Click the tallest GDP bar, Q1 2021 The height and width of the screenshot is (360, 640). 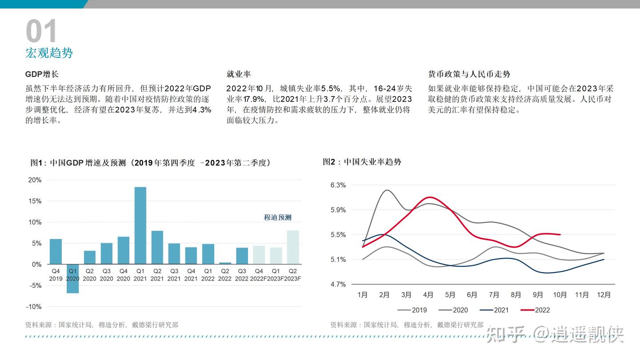[140, 225]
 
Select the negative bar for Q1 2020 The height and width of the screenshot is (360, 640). [73, 279]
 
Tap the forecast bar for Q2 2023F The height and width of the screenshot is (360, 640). [293, 247]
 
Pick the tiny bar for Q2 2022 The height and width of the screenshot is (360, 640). [225, 263]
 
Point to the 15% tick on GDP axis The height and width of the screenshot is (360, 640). [35, 201]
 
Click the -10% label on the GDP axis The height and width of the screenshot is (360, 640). [34, 307]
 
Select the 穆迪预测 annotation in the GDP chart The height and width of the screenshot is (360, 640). [278, 217]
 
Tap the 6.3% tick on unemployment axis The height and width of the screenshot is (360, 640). [338, 185]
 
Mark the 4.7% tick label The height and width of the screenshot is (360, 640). [338, 284]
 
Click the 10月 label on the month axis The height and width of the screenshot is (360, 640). [560, 295]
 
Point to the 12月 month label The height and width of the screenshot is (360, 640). [604, 295]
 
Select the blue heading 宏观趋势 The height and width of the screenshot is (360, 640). [49, 53]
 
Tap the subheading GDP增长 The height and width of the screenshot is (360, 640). [42, 74]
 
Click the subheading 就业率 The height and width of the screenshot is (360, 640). [239, 74]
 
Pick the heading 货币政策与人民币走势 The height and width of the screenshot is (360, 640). [469, 74]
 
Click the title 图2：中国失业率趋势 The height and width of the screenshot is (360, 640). [362, 162]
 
